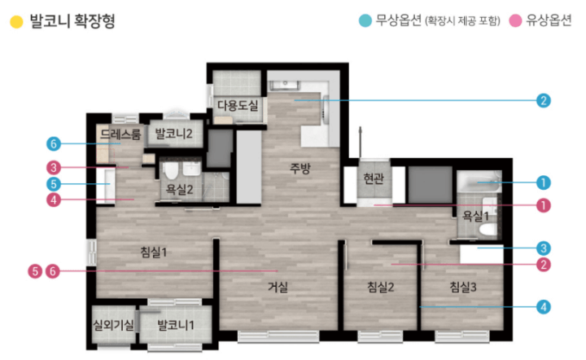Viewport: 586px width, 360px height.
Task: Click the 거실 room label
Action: pos(278,287)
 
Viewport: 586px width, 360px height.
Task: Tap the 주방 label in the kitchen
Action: pos(300,169)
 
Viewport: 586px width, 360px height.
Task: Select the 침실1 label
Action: pos(153,252)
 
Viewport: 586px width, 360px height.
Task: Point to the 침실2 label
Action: pos(380,287)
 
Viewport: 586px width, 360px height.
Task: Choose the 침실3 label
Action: pos(462,287)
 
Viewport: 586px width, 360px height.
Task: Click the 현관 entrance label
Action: pos(374,178)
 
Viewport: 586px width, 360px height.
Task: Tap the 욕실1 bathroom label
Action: pos(475,216)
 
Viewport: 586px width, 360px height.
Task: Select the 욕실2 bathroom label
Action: pos(179,190)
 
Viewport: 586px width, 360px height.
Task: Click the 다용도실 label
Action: pos(238,105)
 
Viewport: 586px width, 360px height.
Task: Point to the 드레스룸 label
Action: pos(120,134)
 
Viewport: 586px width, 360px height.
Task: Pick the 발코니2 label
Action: pos(173,134)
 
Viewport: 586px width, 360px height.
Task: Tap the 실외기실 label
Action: pos(113,325)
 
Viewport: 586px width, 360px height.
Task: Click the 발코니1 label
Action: pos(176,325)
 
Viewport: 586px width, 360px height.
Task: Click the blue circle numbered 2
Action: pos(544,100)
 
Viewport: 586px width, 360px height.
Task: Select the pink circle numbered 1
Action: pos(544,205)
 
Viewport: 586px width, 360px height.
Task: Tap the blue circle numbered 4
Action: pos(544,307)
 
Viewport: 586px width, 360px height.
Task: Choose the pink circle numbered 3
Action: pos(54,168)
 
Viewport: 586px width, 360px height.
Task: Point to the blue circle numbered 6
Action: pos(54,143)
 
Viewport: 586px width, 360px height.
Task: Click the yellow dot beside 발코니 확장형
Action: pos(16,22)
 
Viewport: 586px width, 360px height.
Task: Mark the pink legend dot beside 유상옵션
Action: pos(515,20)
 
